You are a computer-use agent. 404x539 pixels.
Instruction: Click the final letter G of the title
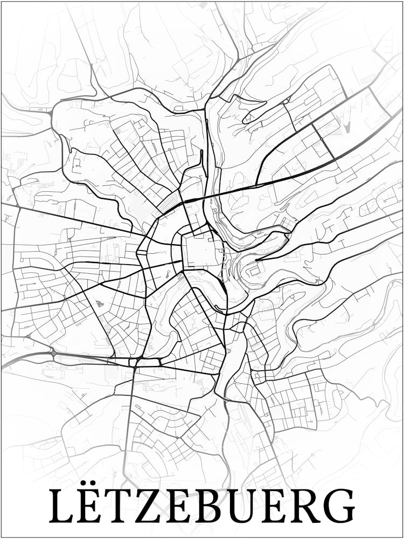342,506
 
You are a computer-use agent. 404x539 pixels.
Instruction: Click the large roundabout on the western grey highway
53,354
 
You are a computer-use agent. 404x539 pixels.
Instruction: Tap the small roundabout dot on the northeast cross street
322,139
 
